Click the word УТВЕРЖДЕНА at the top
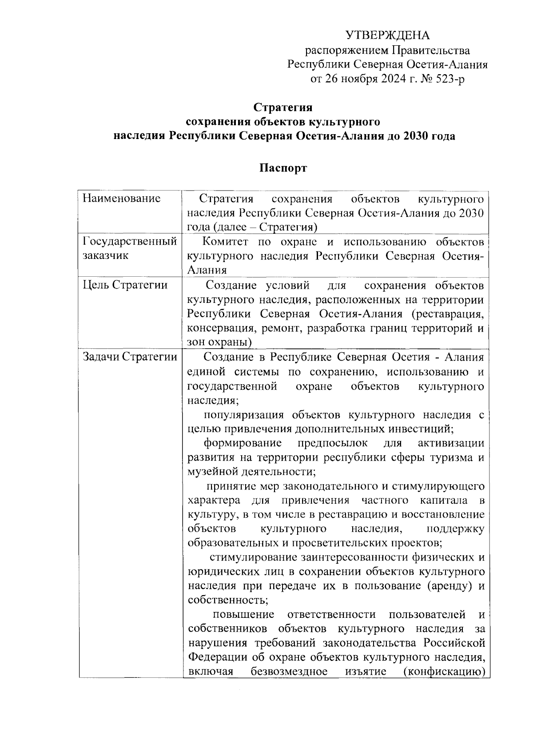[387, 36]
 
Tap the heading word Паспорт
[283, 168]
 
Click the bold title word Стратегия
[283, 107]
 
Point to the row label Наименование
[121, 199]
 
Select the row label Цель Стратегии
[125, 285]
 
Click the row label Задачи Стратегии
[130, 357]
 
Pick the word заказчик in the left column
[105, 256]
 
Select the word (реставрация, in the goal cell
[447, 314]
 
